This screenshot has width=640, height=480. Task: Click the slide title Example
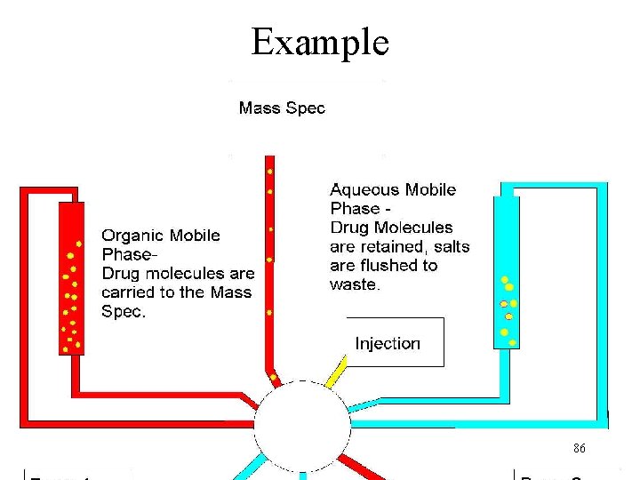(x=320, y=42)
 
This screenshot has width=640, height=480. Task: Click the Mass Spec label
(x=282, y=108)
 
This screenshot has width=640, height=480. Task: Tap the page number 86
(x=579, y=448)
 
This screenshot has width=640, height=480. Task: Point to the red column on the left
(x=71, y=277)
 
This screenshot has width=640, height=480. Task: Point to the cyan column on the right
(x=506, y=272)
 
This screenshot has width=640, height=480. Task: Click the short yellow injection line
(x=337, y=372)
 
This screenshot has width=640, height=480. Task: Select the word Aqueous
(x=364, y=189)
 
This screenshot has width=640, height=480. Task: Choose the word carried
(x=127, y=292)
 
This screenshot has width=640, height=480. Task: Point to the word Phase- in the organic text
(x=128, y=254)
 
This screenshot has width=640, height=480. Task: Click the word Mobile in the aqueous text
(x=431, y=189)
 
